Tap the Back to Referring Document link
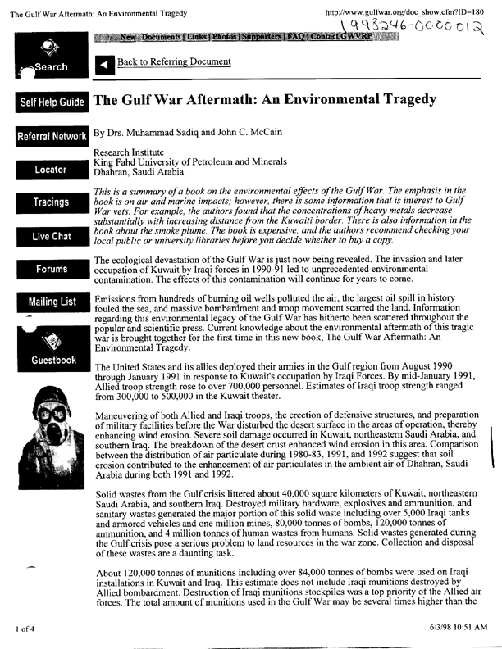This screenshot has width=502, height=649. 174,62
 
